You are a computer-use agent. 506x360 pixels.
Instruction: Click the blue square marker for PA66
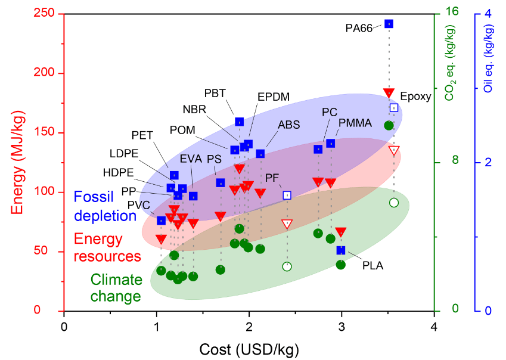point(389,24)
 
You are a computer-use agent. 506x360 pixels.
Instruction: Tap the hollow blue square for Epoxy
point(394,108)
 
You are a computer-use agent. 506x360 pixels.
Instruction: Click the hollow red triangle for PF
point(287,224)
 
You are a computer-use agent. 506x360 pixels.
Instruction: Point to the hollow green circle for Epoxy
point(393,203)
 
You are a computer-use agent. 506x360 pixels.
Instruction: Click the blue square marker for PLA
point(341,250)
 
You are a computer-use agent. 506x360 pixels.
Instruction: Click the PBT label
point(215,94)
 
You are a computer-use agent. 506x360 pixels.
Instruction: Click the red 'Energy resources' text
point(107,248)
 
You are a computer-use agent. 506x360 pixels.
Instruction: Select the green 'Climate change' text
point(116,288)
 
